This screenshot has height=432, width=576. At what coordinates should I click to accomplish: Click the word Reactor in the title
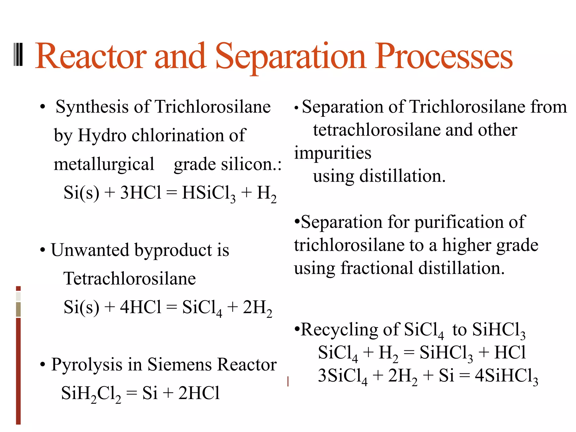click(91, 56)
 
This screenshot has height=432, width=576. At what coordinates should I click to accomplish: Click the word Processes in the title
click(444, 56)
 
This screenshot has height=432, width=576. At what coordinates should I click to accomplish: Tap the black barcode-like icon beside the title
click(18, 55)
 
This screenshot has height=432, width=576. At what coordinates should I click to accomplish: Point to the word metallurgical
click(104, 164)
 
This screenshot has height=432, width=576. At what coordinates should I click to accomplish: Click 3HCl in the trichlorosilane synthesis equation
click(141, 193)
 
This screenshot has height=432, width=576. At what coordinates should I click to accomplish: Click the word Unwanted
click(90, 250)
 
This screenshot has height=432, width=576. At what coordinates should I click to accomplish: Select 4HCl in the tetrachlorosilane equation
click(141, 307)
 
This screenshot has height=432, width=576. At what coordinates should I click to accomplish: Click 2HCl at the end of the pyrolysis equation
click(199, 393)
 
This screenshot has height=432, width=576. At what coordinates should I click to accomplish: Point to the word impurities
click(333, 154)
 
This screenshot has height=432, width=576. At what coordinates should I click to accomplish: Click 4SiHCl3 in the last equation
click(506, 376)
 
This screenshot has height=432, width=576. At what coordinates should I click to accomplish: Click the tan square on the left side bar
click(18, 309)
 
